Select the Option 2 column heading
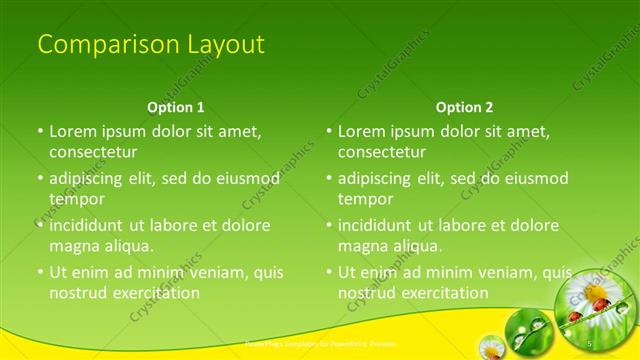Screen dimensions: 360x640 [x=464, y=107]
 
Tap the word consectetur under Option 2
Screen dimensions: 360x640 [x=381, y=152]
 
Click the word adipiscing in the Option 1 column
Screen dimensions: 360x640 [x=90, y=179]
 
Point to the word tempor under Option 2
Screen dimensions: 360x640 [x=366, y=198]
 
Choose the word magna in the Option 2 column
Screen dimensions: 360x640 [x=364, y=245]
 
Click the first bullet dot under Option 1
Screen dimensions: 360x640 [x=40, y=131]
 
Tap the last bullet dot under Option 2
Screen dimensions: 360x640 [x=329, y=272]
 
